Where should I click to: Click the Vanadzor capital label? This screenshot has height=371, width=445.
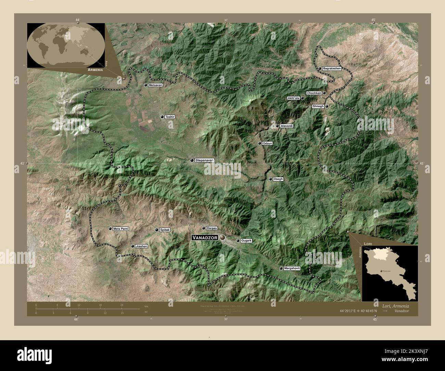pyautogui.click(x=205, y=237)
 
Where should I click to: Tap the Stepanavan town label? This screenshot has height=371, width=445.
pyautogui.click(x=204, y=160)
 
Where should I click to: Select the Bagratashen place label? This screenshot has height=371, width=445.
pyautogui.click(x=332, y=68)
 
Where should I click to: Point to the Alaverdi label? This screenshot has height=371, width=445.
pyautogui.click(x=287, y=126)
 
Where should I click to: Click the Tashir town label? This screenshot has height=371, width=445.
pyautogui.click(x=170, y=117)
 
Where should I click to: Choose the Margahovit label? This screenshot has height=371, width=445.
pyautogui.click(x=292, y=268)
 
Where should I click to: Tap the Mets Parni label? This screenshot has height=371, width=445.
pyautogui.click(x=121, y=229)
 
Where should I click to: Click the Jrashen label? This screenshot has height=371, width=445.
pyautogui.click(x=141, y=246)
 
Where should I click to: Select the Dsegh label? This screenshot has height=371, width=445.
pyautogui.click(x=278, y=179)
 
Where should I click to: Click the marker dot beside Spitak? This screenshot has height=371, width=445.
pyautogui.click(x=157, y=230)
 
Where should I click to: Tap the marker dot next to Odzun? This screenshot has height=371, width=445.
pyautogui.click(x=259, y=143)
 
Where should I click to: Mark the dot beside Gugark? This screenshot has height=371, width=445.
pyautogui.click(x=238, y=241)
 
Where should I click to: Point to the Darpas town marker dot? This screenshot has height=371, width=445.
pyautogui.click(x=204, y=228)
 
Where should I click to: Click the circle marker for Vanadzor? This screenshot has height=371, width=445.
pyautogui.click(x=223, y=237)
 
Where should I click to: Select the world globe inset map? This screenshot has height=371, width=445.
pyautogui.click(x=66, y=46)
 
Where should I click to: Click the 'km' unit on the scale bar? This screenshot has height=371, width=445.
pyautogui.click(x=146, y=306)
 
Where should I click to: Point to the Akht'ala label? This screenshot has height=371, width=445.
pyautogui.click(x=294, y=98)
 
